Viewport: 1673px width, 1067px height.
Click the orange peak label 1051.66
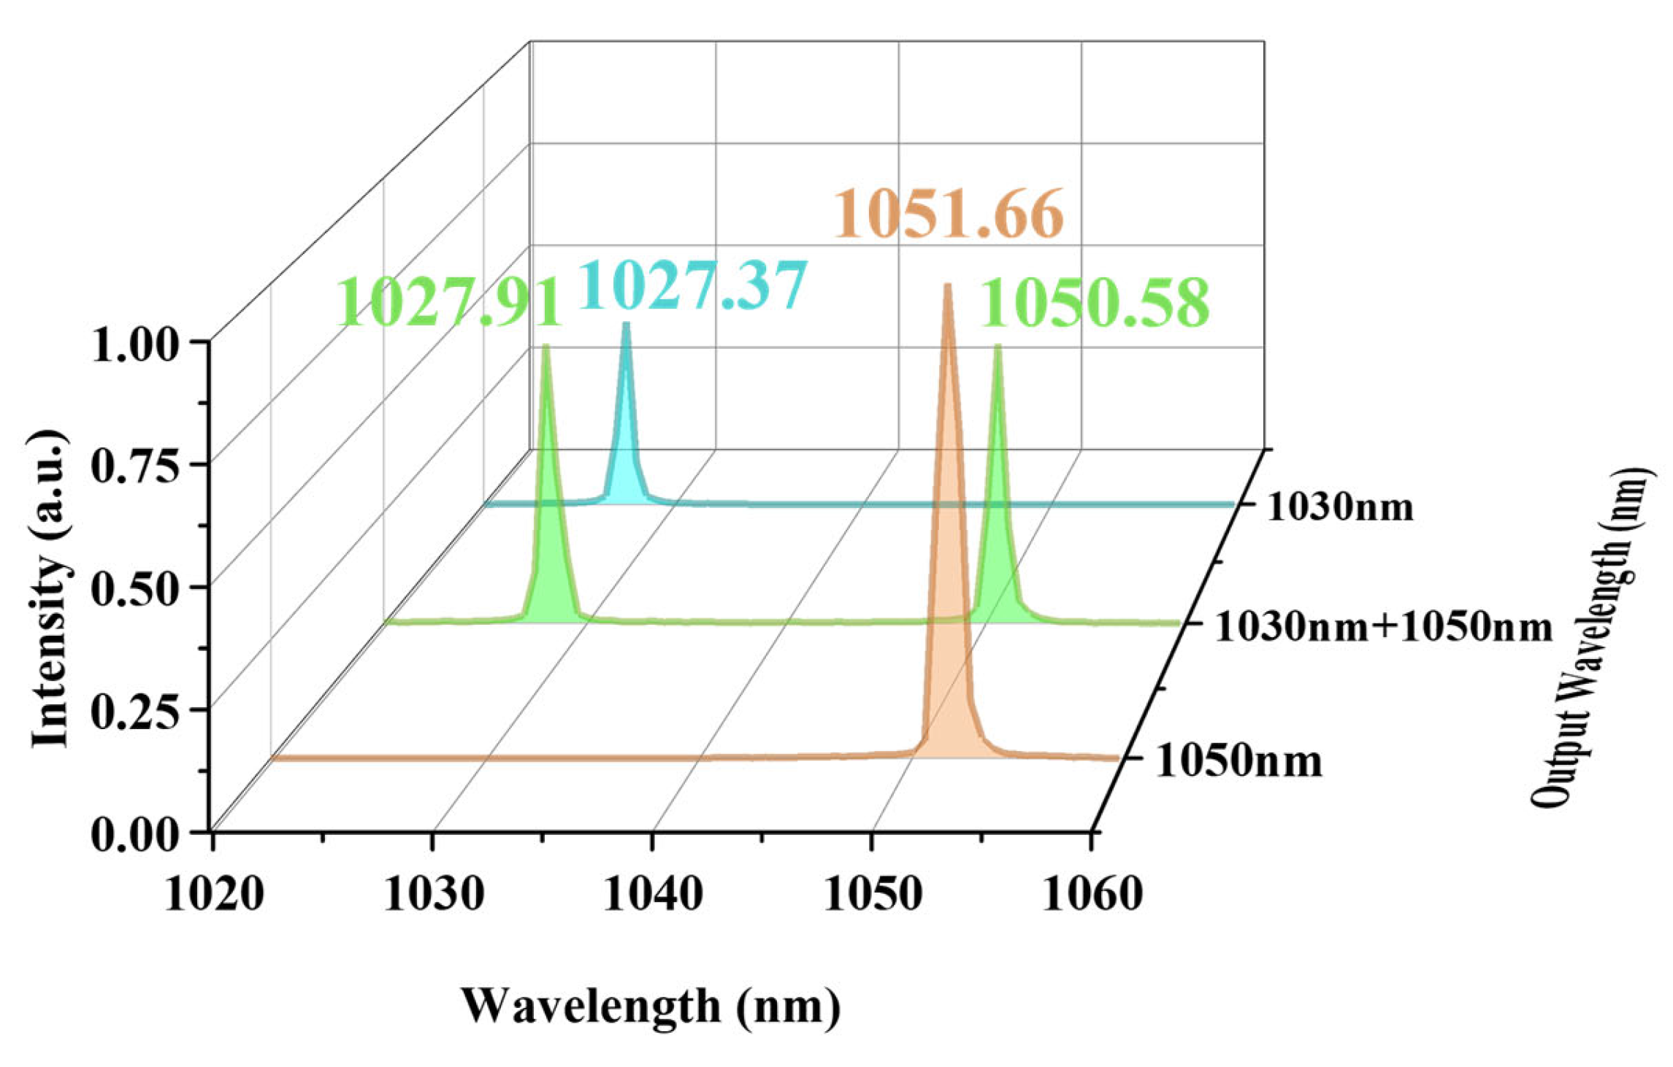point(948,213)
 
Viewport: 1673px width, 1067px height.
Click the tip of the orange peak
point(948,285)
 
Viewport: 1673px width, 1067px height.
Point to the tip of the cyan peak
point(626,324)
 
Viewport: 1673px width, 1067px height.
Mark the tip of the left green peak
point(545,347)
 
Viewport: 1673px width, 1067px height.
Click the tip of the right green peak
point(998,347)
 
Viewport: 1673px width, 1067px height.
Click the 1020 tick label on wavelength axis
point(214,893)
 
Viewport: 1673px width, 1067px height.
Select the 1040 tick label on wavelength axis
point(653,893)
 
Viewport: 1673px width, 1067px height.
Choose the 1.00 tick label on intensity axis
point(135,345)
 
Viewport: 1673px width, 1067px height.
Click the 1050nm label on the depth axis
point(1239,760)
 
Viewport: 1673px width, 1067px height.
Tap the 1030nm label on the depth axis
point(1340,506)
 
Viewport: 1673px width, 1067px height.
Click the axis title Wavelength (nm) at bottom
point(650,1006)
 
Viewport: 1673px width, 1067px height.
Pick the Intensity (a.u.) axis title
point(50,588)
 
